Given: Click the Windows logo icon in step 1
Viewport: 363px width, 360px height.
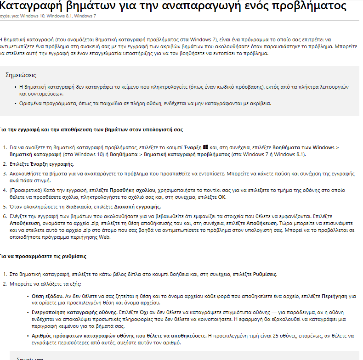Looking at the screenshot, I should click(205, 147).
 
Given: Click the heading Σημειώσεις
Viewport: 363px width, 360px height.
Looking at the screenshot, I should click(21, 75).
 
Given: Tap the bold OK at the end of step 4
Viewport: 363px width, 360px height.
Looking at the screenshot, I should click(221, 197).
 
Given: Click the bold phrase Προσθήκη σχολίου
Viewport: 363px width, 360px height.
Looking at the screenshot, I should click(133, 189).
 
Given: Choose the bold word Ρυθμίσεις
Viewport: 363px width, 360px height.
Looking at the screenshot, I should click(265, 274).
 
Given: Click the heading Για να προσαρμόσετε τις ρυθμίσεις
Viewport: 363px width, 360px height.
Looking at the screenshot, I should click(43, 256).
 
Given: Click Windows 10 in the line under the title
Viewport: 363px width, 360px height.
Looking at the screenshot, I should click(31, 16).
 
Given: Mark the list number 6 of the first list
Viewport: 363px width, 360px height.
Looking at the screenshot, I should click(5, 215).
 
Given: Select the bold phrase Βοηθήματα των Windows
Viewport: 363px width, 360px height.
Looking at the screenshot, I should click(304, 147).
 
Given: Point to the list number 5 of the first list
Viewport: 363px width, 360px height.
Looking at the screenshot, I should click(5, 207).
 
